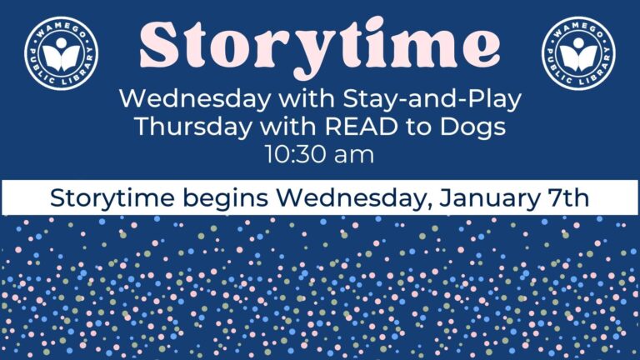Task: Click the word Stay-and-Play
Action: point(451,100)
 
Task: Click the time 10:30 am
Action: point(319,154)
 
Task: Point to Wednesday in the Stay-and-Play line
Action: point(186,100)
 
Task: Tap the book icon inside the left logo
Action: point(62,56)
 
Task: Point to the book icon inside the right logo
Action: point(578,56)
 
